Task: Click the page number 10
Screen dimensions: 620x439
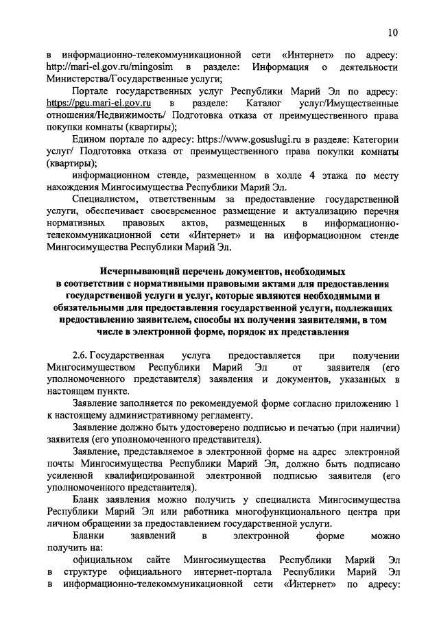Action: [392, 32]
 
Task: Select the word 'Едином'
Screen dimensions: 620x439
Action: [88, 139]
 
